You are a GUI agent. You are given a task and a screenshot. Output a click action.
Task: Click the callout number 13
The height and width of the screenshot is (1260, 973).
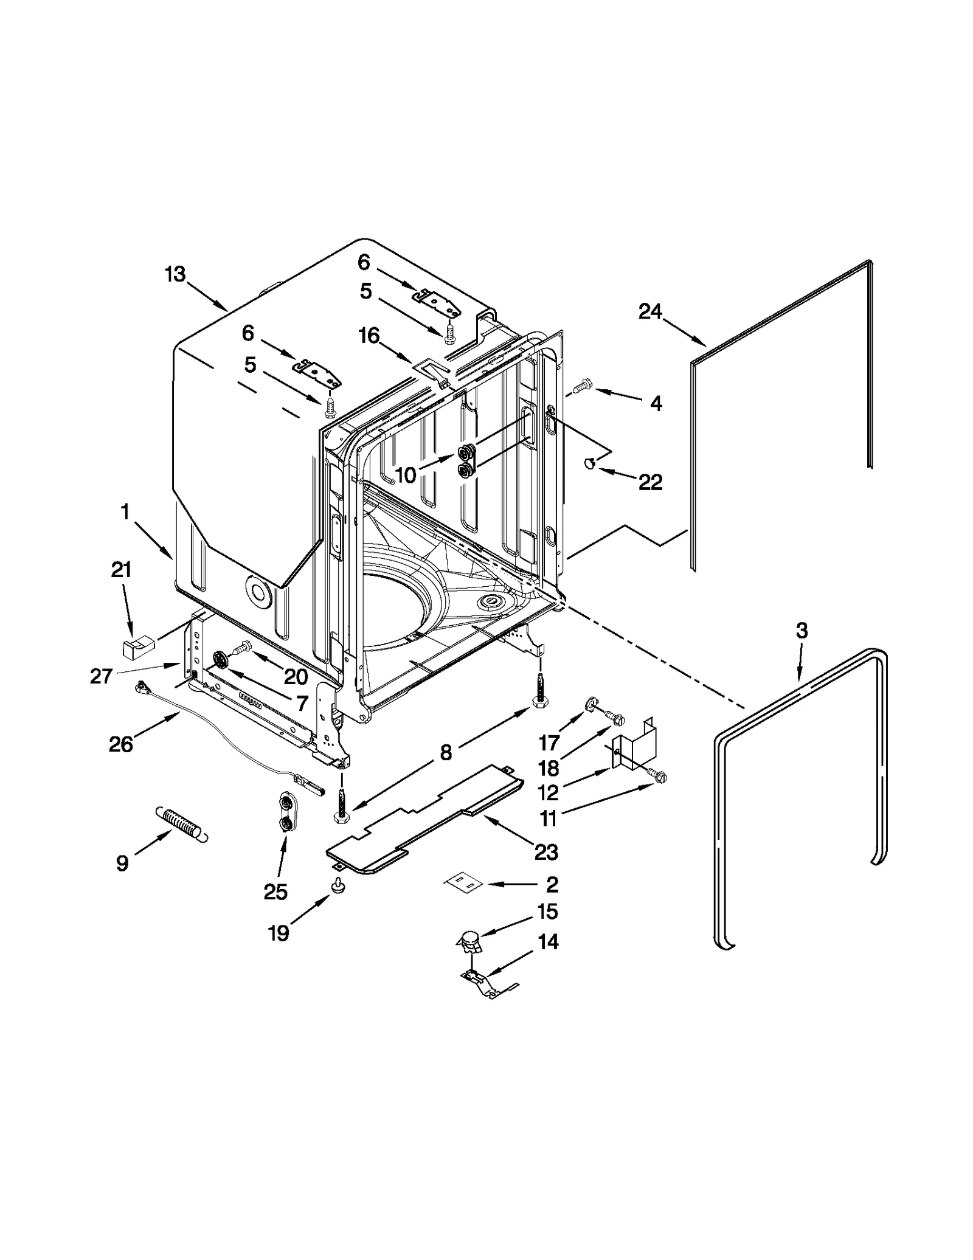click(x=175, y=274)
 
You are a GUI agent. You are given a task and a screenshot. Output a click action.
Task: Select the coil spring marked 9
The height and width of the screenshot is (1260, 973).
click(x=182, y=824)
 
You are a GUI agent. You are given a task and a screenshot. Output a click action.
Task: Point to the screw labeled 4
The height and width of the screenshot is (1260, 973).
click(x=583, y=384)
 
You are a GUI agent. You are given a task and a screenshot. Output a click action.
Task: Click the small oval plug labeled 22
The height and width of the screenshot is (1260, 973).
click(x=589, y=464)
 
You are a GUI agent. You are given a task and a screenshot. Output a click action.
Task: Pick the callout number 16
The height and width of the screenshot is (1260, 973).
click(x=369, y=336)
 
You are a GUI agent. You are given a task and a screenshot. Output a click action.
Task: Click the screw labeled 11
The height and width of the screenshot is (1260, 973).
click(x=659, y=775)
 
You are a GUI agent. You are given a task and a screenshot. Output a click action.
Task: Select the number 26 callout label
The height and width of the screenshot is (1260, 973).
click(x=120, y=744)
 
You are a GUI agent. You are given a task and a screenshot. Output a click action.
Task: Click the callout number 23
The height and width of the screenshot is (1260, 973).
click(x=545, y=852)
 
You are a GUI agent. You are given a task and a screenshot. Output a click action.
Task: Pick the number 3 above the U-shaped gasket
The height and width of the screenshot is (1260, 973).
click(x=802, y=631)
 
